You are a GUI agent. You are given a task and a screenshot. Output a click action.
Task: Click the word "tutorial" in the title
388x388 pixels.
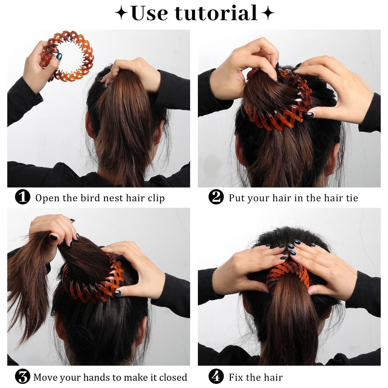point(216,13)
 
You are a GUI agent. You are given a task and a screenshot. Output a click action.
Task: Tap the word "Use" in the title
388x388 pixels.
point(149,13)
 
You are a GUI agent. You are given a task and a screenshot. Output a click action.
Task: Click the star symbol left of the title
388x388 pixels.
point(121,13)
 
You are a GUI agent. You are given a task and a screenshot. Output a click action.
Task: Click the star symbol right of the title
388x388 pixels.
point(268,13)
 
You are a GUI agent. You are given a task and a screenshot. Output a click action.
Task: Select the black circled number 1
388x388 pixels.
point(22,197)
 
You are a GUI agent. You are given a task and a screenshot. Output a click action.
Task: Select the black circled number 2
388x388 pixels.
point(216,197)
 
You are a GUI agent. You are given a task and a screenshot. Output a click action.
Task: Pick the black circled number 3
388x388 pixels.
point(22,376)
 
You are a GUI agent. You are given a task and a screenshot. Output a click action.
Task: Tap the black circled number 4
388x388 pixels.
point(216,376)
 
